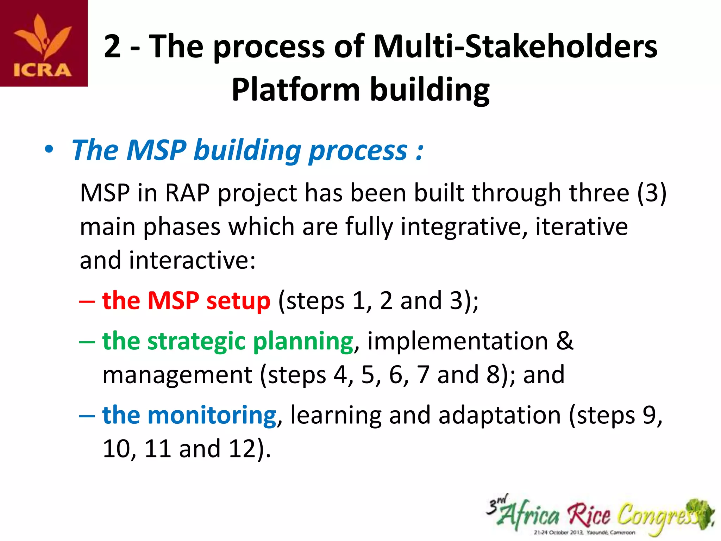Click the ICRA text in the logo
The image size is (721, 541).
(x=43, y=70)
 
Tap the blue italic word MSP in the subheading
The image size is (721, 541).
(x=156, y=150)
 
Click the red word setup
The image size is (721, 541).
(x=238, y=301)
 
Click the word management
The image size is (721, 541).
(x=177, y=375)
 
